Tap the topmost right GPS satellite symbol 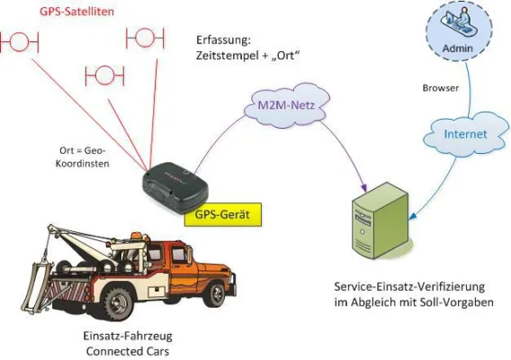click(144, 38)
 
